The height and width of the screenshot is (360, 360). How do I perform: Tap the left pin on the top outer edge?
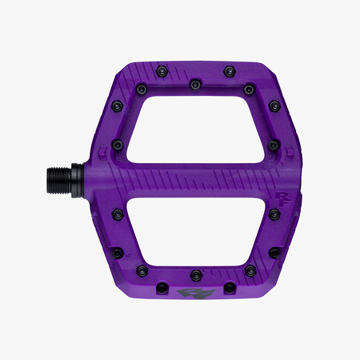click(160, 71)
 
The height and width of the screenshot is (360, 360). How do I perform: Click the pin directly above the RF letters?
click(273, 145)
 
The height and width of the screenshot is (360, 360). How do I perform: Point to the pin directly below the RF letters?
click(274, 214)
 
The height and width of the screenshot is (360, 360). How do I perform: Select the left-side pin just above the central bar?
click(117, 145)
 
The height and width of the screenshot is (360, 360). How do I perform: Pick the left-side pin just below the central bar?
click(117, 213)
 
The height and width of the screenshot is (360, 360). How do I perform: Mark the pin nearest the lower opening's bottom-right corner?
click(250, 270)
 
